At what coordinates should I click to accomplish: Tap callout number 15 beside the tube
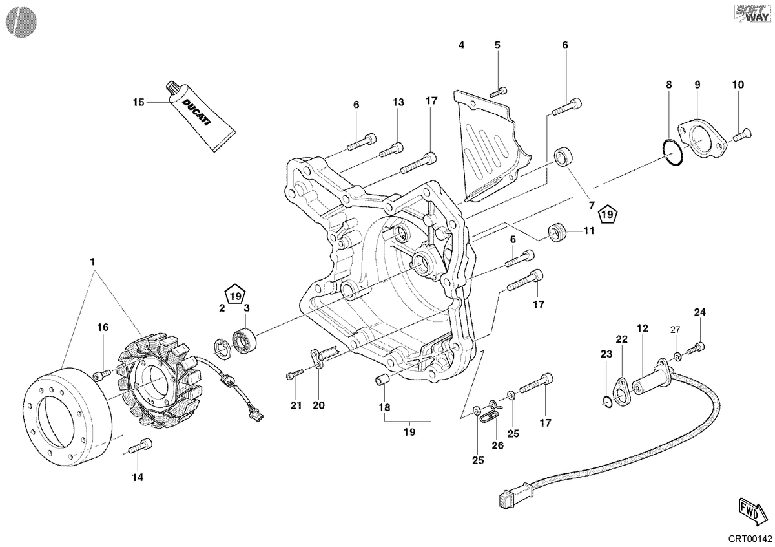(138, 103)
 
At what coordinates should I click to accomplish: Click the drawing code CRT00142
(750, 539)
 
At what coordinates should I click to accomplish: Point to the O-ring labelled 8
(672, 152)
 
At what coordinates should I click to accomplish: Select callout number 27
(675, 330)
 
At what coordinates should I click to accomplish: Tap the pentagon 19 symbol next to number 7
(608, 214)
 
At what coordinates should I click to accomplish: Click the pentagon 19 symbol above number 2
(236, 295)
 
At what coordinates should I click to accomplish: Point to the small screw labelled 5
(499, 91)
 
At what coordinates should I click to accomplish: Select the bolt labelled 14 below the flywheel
(141, 446)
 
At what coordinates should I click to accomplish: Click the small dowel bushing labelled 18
(381, 380)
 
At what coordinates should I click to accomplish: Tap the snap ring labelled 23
(608, 403)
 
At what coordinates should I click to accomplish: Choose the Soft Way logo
(753, 13)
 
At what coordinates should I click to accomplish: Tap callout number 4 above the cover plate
(461, 45)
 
